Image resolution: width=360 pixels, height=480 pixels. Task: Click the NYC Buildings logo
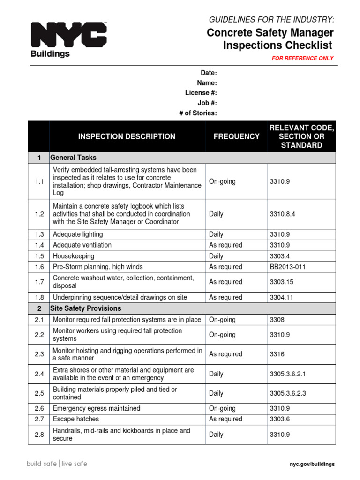pyautogui.click(x=68, y=40)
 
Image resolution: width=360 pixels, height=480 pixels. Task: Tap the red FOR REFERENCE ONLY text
pyautogui.click(x=303, y=58)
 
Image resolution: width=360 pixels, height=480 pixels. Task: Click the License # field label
pyautogui.click(x=201, y=93)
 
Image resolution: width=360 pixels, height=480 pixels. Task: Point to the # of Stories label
pyautogui.click(x=198, y=113)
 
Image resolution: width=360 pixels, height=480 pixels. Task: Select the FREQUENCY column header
pyautogui.click(x=236, y=136)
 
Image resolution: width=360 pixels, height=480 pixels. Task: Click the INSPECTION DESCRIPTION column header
pyautogui.click(x=127, y=136)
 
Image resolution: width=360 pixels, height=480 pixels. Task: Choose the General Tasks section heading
pyautogui.click(x=73, y=157)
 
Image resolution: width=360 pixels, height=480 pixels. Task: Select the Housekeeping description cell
pyautogui.click(x=74, y=256)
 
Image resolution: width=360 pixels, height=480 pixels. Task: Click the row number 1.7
pyautogui.click(x=39, y=282)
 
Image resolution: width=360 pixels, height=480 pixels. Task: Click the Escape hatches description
pyautogui.click(x=76, y=419)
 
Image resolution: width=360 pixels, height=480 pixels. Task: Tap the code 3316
pyautogui.click(x=277, y=354)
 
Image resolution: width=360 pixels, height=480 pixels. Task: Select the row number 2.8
pyautogui.click(x=39, y=435)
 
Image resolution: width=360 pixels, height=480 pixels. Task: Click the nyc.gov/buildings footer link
pyautogui.click(x=312, y=464)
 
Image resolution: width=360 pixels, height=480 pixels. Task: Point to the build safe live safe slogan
pyautogui.click(x=57, y=464)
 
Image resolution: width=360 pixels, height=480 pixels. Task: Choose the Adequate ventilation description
pyautogui.click(x=82, y=245)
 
